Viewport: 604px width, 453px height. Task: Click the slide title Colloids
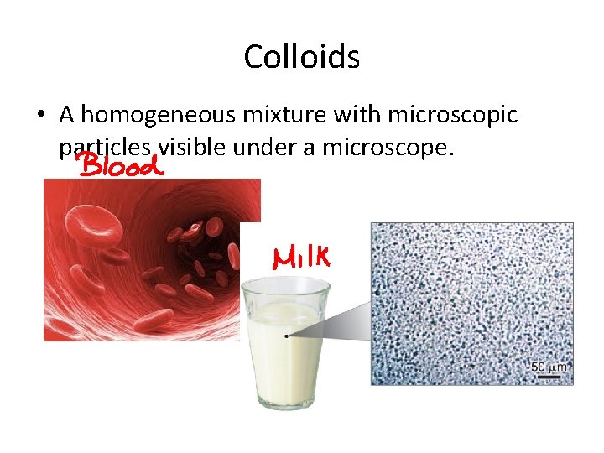pyautogui.click(x=302, y=57)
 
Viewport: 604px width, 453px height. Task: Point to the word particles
pyautogui.click(x=105, y=148)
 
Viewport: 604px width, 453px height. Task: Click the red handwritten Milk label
pyautogui.click(x=299, y=255)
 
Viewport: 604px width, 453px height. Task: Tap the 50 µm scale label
pyautogui.click(x=549, y=367)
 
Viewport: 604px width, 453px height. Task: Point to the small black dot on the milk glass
pyautogui.click(x=286, y=335)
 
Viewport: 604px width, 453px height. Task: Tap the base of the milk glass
pyautogui.click(x=285, y=401)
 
